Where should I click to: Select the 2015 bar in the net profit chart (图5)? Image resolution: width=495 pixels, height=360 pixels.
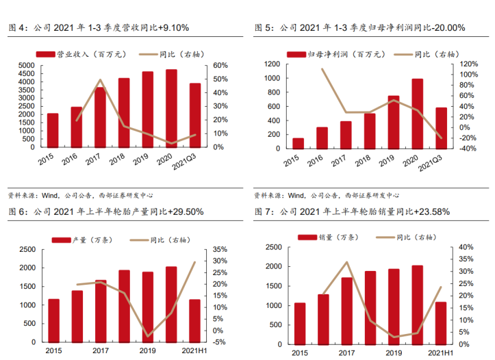coord(298,142)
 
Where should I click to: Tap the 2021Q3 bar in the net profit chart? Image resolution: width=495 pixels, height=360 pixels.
coord(442,127)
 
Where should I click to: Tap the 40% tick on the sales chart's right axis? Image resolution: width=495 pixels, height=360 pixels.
coord(466,247)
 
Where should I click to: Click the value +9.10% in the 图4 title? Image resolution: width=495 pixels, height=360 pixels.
coord(173,28)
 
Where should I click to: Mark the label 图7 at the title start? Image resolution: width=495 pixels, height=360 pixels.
coord(264,211)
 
